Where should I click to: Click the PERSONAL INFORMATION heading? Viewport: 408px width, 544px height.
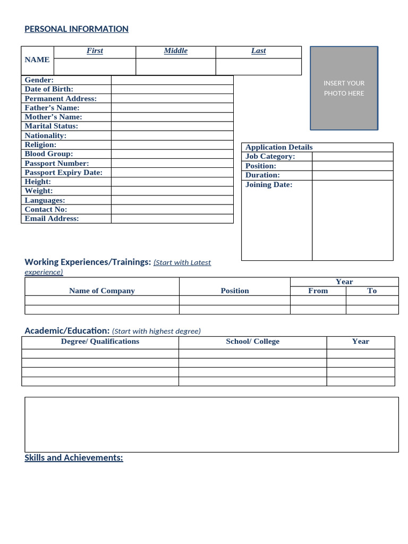pos(76,29)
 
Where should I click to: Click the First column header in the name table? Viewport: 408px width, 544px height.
pos(95,51)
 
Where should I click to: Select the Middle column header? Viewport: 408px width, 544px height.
pos(175,51)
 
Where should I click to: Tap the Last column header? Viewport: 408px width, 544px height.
pos(258,51)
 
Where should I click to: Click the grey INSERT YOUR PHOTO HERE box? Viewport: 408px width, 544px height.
pos(344,88)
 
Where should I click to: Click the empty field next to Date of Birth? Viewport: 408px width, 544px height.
pos(172,89)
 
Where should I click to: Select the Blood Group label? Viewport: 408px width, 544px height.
pos(49,154)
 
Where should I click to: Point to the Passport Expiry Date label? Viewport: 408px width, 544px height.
pos(63,173)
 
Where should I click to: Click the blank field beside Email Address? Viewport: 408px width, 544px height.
pos(172,219)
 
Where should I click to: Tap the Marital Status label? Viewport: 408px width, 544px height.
pos(51,126)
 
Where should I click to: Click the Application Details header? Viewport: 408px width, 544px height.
pos(279,147)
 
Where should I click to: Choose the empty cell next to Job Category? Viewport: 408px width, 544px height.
pos(352,157)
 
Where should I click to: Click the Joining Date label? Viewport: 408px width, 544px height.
pos(269,185)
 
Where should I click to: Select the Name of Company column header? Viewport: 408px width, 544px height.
pos(102,291)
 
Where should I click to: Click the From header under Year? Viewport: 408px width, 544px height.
pos(318,291)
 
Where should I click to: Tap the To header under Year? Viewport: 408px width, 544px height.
pos(372,291)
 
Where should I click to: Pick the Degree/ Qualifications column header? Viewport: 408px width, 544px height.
pos(100,342)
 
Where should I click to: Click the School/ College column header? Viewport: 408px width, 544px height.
pos(252,342)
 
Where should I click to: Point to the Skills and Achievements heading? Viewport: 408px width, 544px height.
pos(74,458)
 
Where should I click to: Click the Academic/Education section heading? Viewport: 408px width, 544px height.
pos(67,331)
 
